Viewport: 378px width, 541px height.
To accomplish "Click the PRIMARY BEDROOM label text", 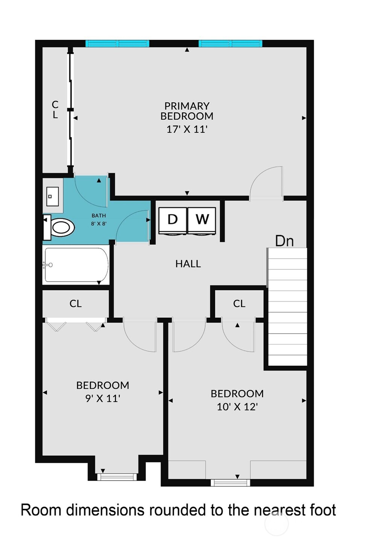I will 187,111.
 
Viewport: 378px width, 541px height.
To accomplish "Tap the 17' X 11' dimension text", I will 187,129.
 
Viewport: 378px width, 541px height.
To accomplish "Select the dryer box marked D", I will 172,220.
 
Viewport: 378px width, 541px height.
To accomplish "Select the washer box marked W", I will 202,220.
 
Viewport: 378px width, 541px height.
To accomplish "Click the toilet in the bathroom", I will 60,227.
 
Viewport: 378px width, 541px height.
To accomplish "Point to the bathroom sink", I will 52,196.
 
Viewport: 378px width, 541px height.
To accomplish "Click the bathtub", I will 76,265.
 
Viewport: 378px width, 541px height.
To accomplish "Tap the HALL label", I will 188,264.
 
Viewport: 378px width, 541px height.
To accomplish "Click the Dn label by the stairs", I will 284,241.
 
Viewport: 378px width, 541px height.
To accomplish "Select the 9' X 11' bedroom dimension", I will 103,399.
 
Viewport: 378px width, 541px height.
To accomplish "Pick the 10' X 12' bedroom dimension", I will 237,407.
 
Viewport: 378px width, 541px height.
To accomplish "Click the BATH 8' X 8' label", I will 99,220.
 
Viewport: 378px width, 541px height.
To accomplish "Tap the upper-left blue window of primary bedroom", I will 117,44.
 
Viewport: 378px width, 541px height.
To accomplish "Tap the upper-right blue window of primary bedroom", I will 230,44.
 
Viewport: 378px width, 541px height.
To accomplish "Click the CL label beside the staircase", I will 239,304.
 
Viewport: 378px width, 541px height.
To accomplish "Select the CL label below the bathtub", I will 76,304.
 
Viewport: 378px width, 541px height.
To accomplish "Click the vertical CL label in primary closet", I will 55,109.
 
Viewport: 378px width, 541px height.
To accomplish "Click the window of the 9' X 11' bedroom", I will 115,477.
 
